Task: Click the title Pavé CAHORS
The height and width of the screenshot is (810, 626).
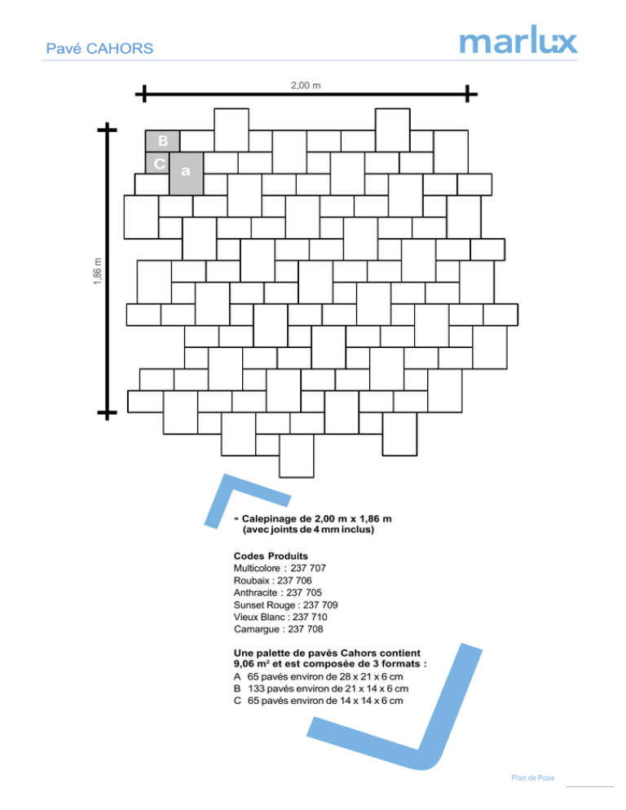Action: pyautogui.click(x=99, y=49)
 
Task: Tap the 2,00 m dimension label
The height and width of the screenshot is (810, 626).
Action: pyautogui.click(x=306, y=86)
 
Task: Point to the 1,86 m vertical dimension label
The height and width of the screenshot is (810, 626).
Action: pyautogui.click(x=98, y=271)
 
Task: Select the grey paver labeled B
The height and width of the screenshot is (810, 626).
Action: pyautogui.click(x=162, y=141)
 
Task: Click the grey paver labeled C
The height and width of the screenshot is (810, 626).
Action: pyautogui.click(x=157, y=163)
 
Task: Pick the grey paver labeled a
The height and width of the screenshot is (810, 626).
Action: pyautogui.click(x=186, y=174)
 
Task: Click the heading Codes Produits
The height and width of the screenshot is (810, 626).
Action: pyautogui.click(x=271, y=557)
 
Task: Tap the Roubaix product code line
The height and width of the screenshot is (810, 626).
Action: pyautogui.click(x=272, y=581)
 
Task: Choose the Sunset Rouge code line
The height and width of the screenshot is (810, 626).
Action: pyautogui.click(x=285, y=605)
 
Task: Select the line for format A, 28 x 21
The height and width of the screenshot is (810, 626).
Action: pyautogui.click(x=319, y=676)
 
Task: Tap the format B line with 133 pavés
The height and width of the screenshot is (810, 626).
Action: pyautogui.click(x=321, y=689)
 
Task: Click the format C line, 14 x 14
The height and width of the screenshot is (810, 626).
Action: pyautogui.click(x=319, y=701)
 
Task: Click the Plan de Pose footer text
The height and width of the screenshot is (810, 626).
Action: pyautogui.click(x=533, y=778)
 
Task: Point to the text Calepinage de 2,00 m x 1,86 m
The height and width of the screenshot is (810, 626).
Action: pyautogui.click(x=316, y=518)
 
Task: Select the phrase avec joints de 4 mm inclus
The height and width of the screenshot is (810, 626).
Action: pyautogui.click(x=308, y=530)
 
